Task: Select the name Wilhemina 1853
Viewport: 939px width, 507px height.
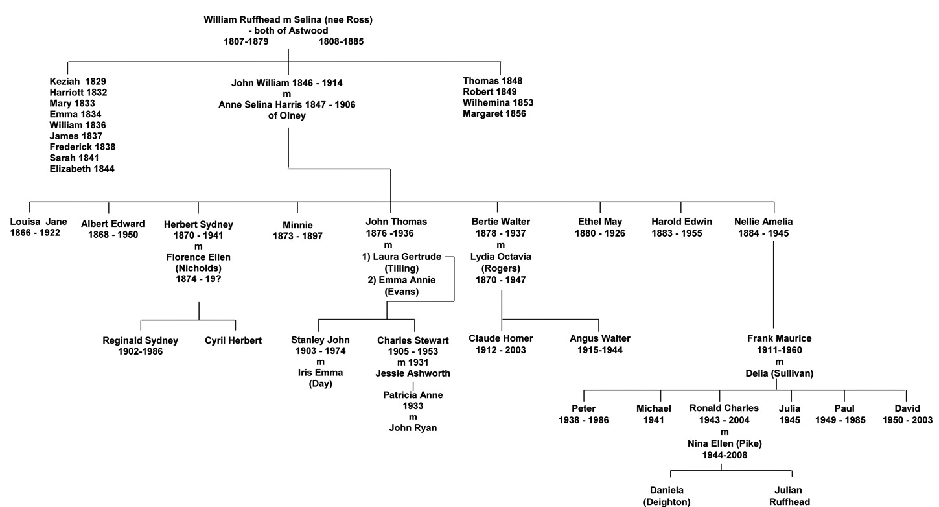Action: (x=498, y=103)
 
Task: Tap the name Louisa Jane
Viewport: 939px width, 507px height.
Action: (x=38, y=222)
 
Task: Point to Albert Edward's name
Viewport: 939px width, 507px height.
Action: (x=113, y=224)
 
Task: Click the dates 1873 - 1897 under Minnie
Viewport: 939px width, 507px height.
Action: (x=297, y=236)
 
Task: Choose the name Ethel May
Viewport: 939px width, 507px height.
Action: (x=599, y=222)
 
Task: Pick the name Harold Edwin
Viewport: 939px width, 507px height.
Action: (x=681, y=222)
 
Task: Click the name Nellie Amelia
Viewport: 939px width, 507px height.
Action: (x=763, y=222)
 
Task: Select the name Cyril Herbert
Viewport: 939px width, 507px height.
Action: (x=233, y=340)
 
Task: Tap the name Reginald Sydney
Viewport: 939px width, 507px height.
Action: (x=140, y=340)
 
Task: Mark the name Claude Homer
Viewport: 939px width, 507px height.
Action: (x=501, y=338)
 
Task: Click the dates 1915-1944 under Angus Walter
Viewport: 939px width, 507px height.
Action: (x=599, y=350)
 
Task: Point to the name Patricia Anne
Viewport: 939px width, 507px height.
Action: (x=413, y=395)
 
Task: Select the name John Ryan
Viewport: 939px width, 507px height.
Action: (x=413, y=428)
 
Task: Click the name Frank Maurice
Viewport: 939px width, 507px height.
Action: (x=779, y=338)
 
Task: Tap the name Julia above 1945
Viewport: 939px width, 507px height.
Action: (x=789, y=408)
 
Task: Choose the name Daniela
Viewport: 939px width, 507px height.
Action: (x=667, y=490)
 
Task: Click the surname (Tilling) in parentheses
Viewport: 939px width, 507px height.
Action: (x=402, y=268)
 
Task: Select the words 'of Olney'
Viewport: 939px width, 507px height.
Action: (x=287, y=116)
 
